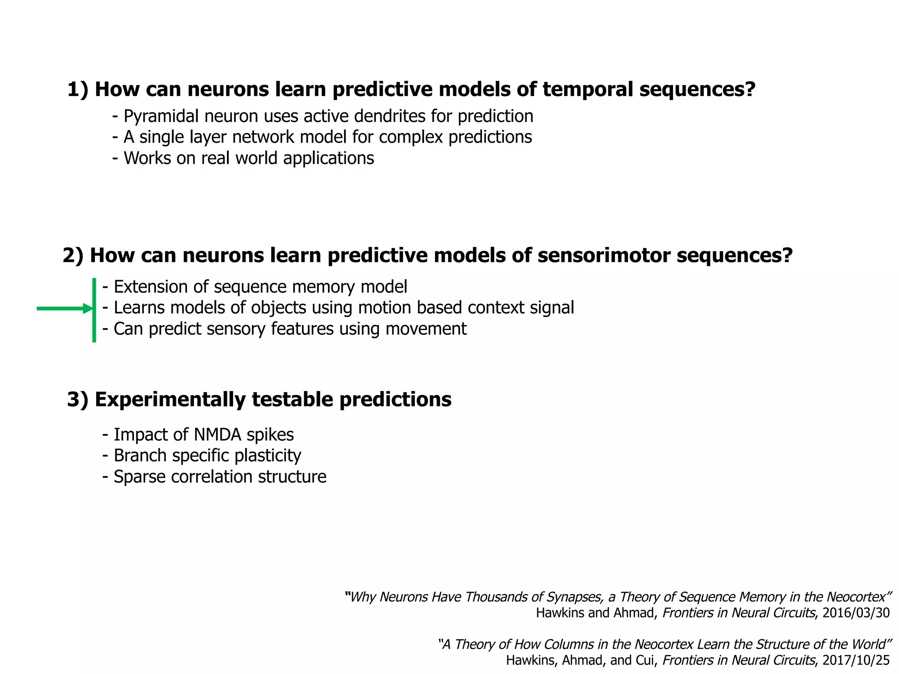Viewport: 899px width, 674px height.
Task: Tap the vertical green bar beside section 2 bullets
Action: pyautogui.click(x=94, y=310)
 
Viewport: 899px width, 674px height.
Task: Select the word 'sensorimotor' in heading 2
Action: pyautogui.click(x=604, y=255)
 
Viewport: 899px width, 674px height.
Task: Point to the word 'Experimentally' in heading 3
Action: pyautogui.click(x=170, y=400)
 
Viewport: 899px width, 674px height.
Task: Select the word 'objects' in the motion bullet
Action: pyautogui.click(x=278, y=308)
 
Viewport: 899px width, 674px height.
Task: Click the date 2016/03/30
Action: pyautogui.click(x=856, y=613)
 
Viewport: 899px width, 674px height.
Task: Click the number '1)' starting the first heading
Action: pyautogui.click(x=78, y=90)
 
